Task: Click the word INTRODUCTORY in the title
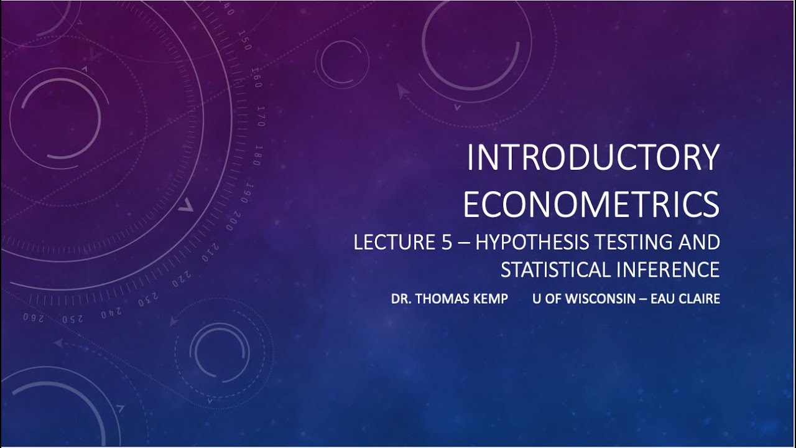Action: [x=593, y=158]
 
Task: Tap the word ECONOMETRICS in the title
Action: [x=591, y=205]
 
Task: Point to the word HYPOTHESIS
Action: [x=529, y=242]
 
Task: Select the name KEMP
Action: [x=491, y=299]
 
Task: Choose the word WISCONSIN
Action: [x=599, y=299]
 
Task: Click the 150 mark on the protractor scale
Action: [x=245, y=43]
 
